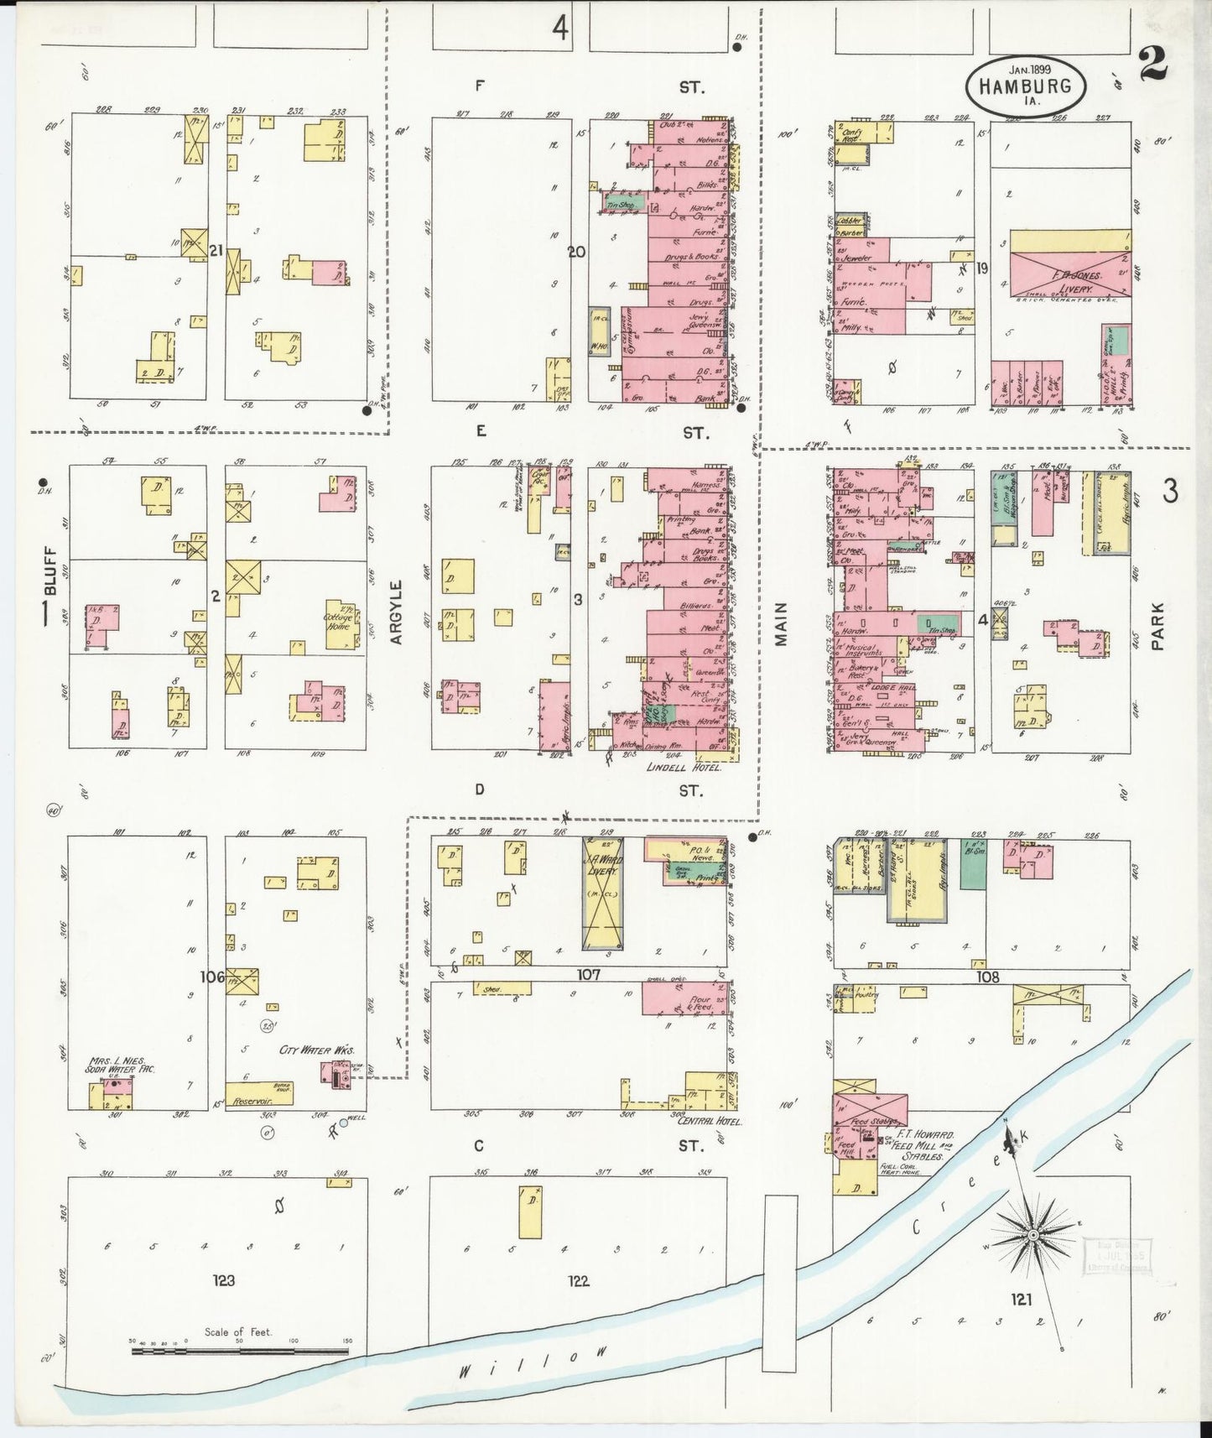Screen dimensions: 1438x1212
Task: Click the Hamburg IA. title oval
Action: click(x=1026, y=85)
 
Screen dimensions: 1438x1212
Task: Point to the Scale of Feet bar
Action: click(x=239, y=1351)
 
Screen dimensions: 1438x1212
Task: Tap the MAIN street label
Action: click(x=781, y=623)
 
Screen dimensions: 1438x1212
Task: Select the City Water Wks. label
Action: click(x=317, y=1050)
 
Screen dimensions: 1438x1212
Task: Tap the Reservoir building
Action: click(x=258, y=1093)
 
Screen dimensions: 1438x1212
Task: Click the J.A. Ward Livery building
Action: click(x=603, y=895)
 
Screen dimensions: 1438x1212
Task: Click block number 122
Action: click(x=578, y=1280)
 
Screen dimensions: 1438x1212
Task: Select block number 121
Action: click(x=1021, y=1300)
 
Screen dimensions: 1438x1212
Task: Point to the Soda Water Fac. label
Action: click(x=121, y=1069)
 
